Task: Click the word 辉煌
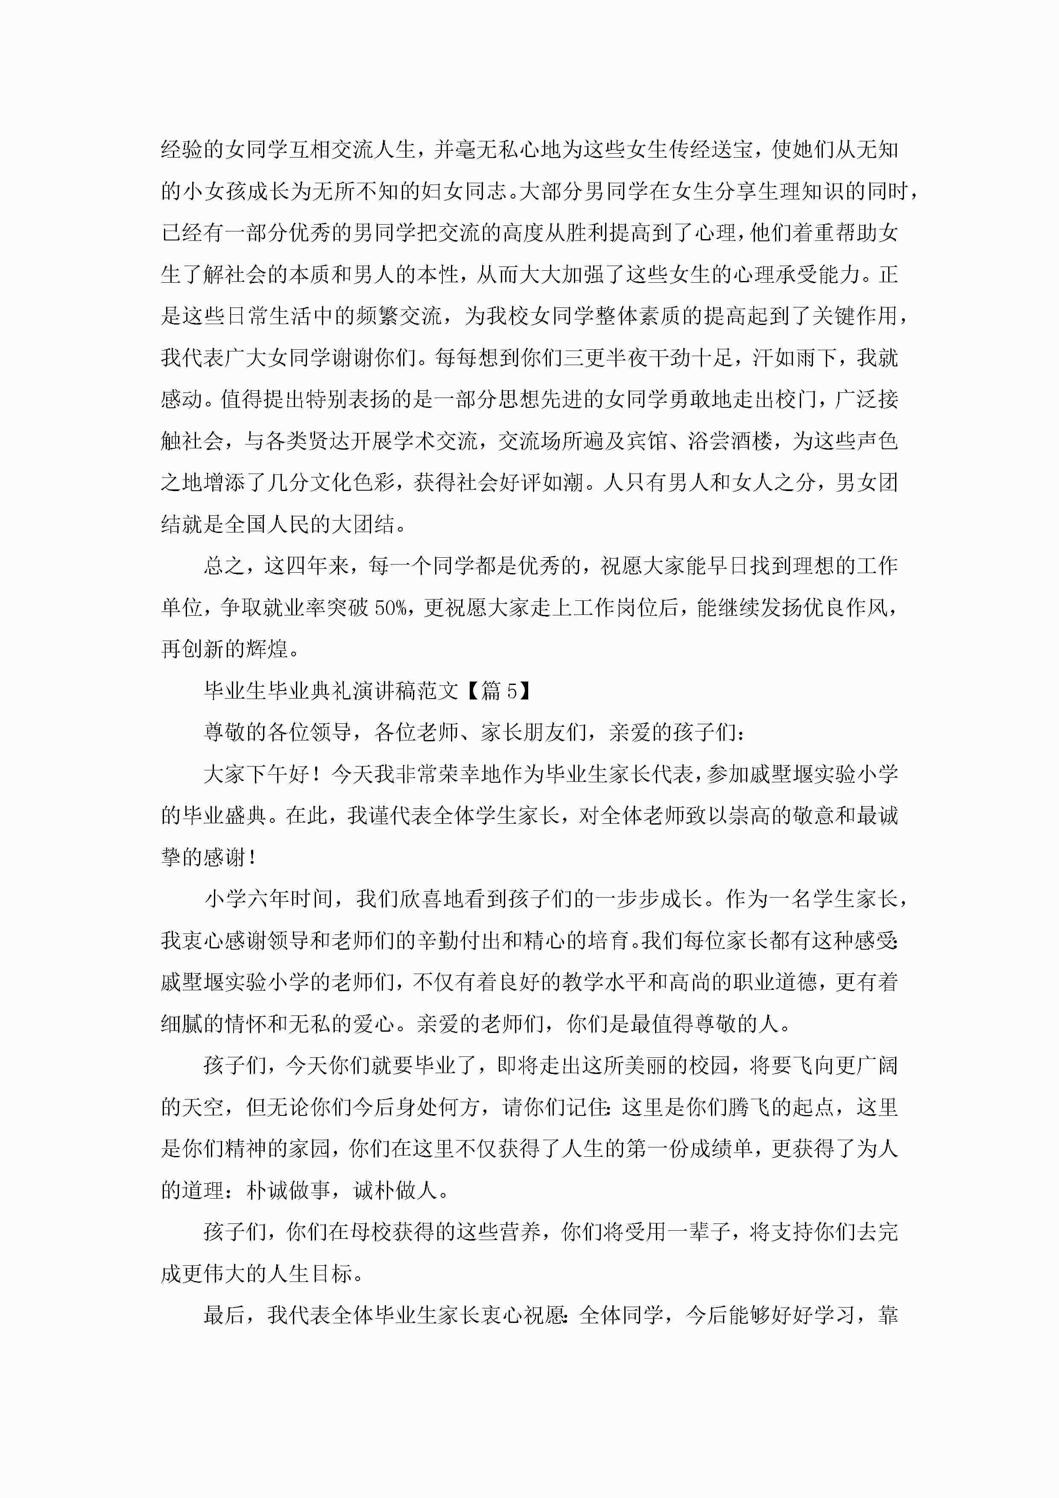pyautogui.click(x=266, y=649)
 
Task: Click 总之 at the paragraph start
pyautogui.click(x=224, y=566)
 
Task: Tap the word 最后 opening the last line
pyautogui.click(x=224, y=1316)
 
